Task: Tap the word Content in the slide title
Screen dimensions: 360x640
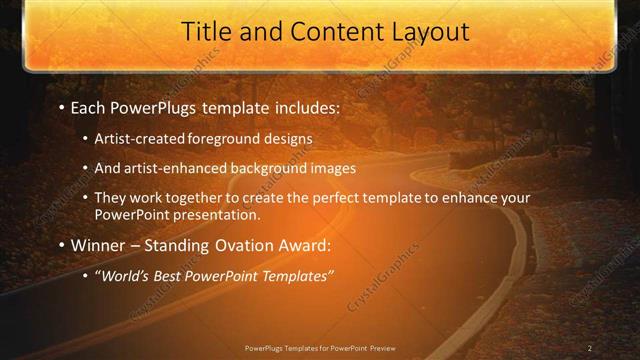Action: coord(322,32)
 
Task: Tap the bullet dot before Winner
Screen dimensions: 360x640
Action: coord(62,245)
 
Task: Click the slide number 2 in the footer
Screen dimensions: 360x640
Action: coord(590,348)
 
